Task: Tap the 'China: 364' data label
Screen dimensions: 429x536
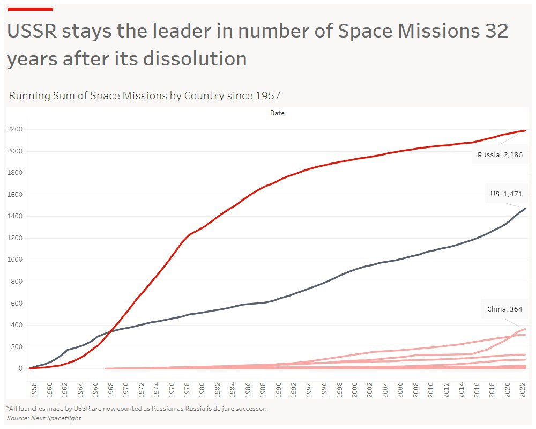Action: tap(504, 309)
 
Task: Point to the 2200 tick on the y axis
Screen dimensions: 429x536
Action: tap(14, 129)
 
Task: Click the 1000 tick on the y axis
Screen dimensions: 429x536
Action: tap(14, 260)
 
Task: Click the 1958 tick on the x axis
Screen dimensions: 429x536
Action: tap(34, 389)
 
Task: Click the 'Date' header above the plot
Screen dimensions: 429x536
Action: tap(277, 113)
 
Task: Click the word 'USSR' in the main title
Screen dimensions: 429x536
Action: tap(31, 32)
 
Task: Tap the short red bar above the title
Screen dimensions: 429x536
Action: tap(30, 9)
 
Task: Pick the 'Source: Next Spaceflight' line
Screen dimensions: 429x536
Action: tap(44, 418)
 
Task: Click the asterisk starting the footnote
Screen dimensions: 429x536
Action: tap(8, 408)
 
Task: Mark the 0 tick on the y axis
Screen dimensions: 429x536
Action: tap(21, 368)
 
